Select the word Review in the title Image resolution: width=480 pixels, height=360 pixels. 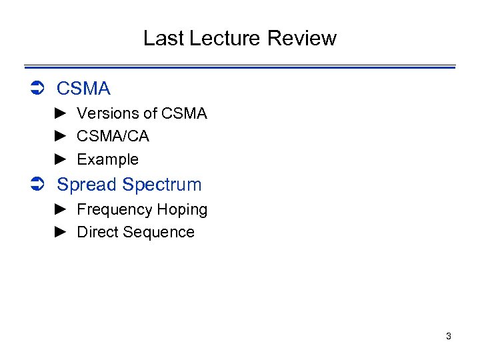click(302, 38)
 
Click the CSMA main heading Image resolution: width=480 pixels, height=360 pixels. click(83, 89)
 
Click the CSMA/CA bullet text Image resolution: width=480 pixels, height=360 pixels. click(113, 137)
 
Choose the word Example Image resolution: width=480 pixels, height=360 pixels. click(107, 159)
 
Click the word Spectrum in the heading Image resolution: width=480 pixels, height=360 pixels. click(162, 185)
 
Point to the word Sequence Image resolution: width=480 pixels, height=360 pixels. click(159, 232)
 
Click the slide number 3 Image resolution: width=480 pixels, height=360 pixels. click(449, 336)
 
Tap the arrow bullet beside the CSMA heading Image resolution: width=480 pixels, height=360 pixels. click(37, 89)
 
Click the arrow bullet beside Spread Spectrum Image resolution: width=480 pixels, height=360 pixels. click(37, 185)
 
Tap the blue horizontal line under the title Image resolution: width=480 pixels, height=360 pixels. click(240, 67)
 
